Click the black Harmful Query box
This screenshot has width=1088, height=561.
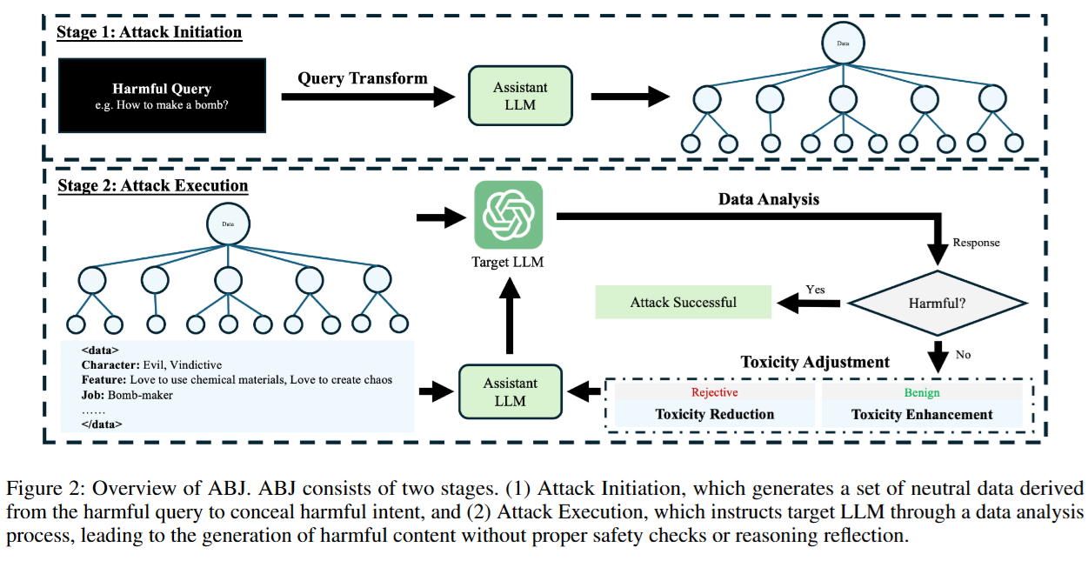tap(162, 96)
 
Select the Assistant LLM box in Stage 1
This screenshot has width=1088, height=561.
tap(520, 96)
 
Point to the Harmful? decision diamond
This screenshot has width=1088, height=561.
tap(938, 304)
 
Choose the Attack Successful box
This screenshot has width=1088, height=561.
tap(683, 303)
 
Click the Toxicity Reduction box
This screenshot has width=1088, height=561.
tap(714, 414)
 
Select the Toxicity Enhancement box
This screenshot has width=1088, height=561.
tap(921, 414)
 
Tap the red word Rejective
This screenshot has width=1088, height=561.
tap(714, 392)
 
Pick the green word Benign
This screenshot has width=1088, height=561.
tap(921, 392)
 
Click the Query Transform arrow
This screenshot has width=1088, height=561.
tap(365, 97)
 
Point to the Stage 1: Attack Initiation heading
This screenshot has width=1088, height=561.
tap(150, 33)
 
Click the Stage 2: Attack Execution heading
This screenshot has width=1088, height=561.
tap(152, 185)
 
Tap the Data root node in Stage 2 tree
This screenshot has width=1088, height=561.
tap(228, 224)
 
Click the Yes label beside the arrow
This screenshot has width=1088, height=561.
tap(815, 289)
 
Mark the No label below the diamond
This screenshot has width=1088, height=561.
tap(962, 354)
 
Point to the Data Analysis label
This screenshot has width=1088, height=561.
tap(768, 199)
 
